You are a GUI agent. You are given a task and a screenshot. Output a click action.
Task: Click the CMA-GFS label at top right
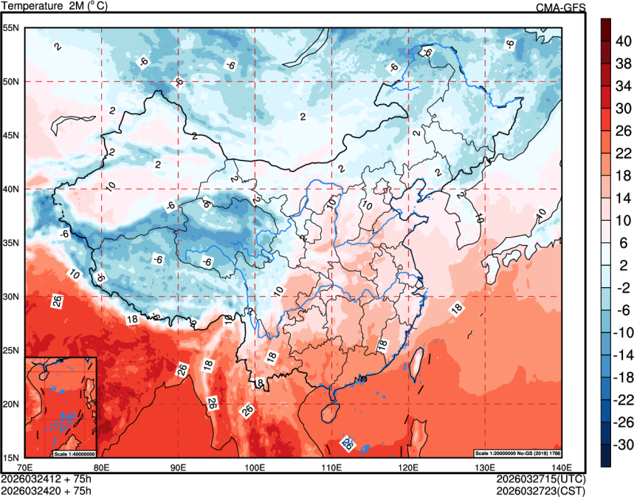[x=560, y=7]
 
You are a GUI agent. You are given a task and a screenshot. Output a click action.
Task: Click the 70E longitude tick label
[x=25, y=467]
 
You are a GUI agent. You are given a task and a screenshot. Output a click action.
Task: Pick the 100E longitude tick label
[x=254, y=467]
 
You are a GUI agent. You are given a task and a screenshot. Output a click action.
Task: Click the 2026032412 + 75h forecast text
[x=46, y=479]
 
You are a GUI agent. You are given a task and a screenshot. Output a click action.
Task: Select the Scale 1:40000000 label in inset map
[x=75, y=453]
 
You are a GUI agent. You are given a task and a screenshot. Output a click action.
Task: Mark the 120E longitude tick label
[x=407, y=467]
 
